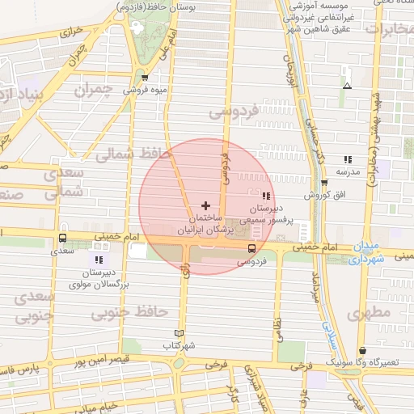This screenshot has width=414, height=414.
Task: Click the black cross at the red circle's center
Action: click(205, 205)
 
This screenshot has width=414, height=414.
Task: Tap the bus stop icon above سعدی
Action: click(62, 238)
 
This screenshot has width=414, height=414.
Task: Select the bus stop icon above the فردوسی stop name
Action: click(252, 249)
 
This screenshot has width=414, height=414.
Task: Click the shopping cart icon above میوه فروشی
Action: click(144, 78)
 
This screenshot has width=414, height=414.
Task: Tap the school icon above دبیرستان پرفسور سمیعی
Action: click(267, 196)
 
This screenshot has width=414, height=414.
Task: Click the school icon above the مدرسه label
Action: click(348, 159)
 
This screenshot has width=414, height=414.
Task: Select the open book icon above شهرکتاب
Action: click(180, 333)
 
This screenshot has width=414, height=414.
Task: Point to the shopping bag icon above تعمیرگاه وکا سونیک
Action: click(361, 350)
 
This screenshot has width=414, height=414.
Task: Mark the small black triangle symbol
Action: click(347, 86)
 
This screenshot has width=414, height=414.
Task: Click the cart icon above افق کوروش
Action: click(324, 183)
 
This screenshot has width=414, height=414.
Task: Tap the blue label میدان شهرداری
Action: click(357, 251)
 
